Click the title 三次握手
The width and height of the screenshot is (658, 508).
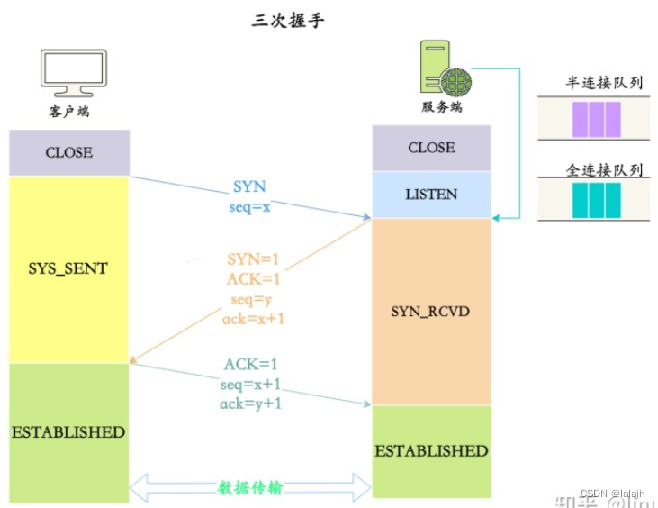tap(287, 20)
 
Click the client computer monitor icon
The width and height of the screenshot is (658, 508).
tap(74, 74)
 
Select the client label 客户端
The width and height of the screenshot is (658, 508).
tap(69, 113)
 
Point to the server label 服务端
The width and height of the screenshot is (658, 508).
tap(442, 106)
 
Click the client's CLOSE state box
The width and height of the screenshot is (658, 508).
tap(69, 152)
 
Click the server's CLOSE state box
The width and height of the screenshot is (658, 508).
tap(431, 148)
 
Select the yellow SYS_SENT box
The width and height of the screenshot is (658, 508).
tap(69, 268)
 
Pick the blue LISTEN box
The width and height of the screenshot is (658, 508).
tap(431, 195)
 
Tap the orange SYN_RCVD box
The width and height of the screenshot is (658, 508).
tap(431, 311)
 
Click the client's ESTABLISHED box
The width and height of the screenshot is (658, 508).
tap(69, 432)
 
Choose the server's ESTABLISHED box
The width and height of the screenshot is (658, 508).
tap(431, 450)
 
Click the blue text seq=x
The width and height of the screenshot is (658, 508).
tap(248, 205)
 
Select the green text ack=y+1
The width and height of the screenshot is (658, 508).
tap(251, 404)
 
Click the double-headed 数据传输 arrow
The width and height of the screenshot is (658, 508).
tap(250, 487)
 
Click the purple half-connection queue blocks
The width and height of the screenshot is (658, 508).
tap(596, 119)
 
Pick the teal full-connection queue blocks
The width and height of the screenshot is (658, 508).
tap(596, 200)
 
